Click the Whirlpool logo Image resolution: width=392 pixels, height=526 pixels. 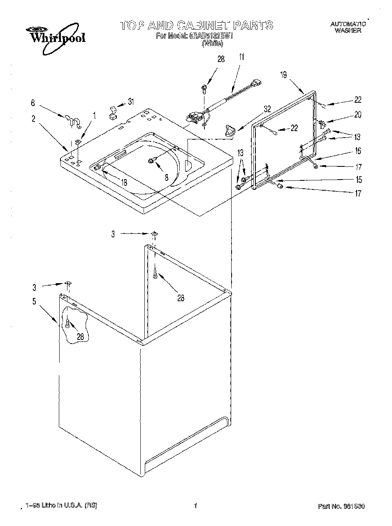(56, 38)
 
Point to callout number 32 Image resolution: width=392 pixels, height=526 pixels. (267, 109)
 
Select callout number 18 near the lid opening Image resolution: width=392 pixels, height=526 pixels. (124, 182)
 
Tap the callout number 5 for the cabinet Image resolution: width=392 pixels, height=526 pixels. (34, 302)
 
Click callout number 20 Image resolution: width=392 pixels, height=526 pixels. (357, 115)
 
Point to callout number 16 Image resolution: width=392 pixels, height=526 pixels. (358, 151)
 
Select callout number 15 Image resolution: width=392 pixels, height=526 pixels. (359, 180)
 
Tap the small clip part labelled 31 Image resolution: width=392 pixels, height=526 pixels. (112, 112)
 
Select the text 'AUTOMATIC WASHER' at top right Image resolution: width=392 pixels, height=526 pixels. (348, 28)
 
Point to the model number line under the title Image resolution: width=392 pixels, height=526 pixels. (195, 36)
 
